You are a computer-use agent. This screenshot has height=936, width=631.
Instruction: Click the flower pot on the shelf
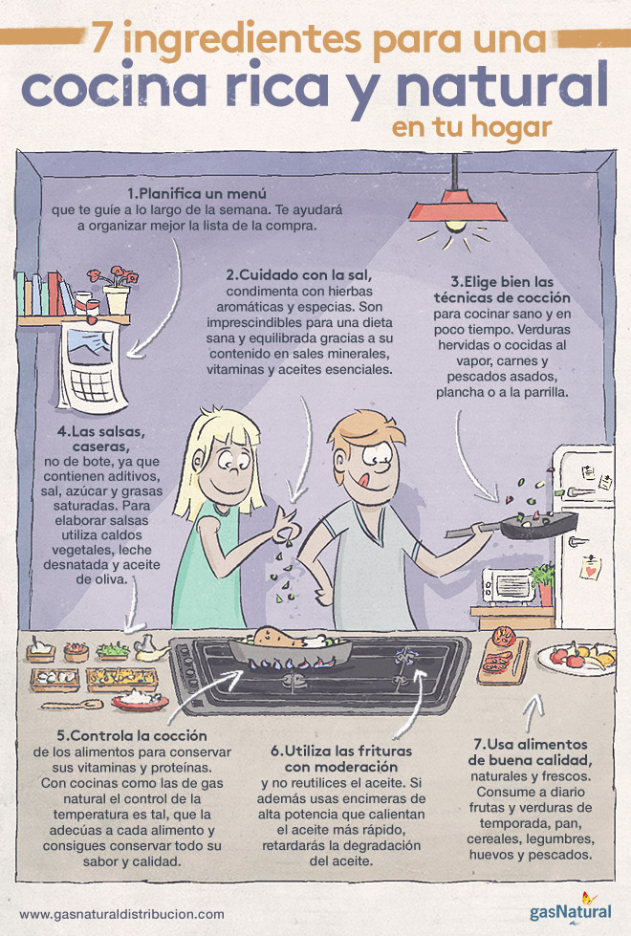[x=117, y=298]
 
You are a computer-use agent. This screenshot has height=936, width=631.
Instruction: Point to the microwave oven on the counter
[x=509, y=585]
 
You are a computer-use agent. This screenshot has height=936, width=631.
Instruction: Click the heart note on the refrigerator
[x=591, y=568]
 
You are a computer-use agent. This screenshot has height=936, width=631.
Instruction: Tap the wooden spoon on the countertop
[x=73, y=705]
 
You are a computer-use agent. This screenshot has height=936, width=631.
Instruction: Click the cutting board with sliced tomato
[x=503, y=660]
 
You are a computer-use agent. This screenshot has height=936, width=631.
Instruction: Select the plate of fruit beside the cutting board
[x=577, y=659]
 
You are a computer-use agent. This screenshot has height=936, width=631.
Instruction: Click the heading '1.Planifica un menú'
[x=196, y=193]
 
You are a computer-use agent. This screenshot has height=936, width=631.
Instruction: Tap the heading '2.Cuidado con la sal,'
[x=299, y=275]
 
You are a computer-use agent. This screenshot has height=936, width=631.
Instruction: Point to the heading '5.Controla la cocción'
[x=132, y=735]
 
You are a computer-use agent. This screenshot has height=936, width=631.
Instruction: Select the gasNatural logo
[x=571, y=908]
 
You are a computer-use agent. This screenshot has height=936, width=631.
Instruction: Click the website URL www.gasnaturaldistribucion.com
[x=121, y=914]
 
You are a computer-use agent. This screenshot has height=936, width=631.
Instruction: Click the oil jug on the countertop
[x=148, y=648]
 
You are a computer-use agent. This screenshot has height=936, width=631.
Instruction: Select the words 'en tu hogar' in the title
[x=471, y=127]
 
